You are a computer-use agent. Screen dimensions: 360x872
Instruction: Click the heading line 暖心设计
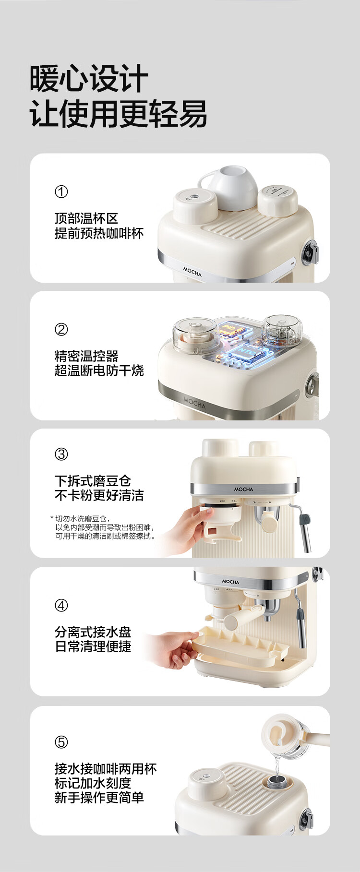tap(89, 79)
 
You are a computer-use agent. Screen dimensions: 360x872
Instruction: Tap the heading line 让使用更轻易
tap(118, 114)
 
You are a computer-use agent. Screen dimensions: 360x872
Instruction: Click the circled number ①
tap(61, 192)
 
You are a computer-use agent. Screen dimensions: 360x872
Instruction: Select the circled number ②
tap(61, 330)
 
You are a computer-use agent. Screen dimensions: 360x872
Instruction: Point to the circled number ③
tap(61, 454)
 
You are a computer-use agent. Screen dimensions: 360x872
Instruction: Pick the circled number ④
tap(61, 606)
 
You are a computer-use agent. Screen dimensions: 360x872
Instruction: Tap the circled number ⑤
tap(61, 742)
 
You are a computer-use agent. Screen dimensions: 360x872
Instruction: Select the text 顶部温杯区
tap(86, 219)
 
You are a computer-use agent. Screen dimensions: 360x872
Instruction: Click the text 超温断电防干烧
tap(99, 371)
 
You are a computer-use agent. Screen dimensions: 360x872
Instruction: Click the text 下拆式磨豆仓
tap(93, 481)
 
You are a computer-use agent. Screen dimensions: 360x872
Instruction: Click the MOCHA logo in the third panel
tap(244, 490)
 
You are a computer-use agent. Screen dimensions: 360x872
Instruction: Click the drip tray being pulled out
tap(240, 646)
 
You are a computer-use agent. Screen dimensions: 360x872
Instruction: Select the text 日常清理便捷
tap(93, 647)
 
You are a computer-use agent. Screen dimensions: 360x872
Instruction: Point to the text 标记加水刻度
tap(93, 783)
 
